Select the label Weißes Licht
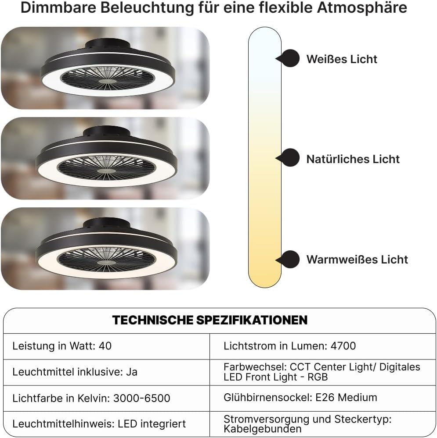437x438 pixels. tap(342, 59)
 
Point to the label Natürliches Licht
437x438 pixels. tap(353, 159)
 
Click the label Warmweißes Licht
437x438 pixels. tap(357, 260)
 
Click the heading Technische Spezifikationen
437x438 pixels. tap(210, 320)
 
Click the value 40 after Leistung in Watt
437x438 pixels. tap(105, 346)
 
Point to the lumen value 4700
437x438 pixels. tap(343, 346)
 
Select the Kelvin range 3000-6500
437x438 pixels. tap(141, 399)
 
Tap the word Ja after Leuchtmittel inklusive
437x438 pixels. tap(131, 372)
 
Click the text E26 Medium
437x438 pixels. tap(347, 398)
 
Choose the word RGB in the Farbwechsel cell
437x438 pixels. tap(318, 377)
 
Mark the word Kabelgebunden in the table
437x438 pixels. tap(263, 429)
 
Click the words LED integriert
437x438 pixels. tap(152, 424)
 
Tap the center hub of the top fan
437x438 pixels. tap(108, 81)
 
